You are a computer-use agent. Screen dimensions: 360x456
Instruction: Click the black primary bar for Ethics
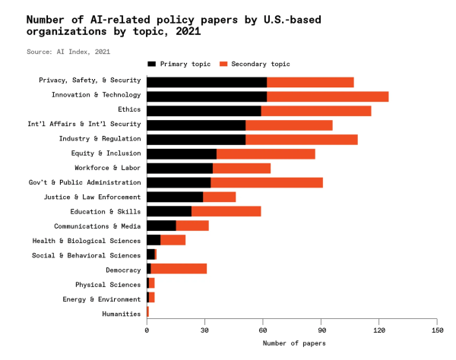204,110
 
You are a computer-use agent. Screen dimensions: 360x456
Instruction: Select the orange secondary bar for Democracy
179,269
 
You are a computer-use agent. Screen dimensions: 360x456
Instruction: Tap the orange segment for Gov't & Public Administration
267,182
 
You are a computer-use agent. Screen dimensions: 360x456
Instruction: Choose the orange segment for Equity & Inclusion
266,153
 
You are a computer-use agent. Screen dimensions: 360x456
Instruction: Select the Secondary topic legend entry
254,65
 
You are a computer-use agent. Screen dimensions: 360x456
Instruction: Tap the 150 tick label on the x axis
437,330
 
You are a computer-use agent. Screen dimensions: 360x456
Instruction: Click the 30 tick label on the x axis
204,330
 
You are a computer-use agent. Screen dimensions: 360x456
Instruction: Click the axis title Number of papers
293,344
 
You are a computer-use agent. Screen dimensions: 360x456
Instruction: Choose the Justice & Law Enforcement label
93,197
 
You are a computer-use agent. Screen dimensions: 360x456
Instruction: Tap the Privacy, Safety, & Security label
90,81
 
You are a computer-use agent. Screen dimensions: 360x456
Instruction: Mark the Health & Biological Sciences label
86,240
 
